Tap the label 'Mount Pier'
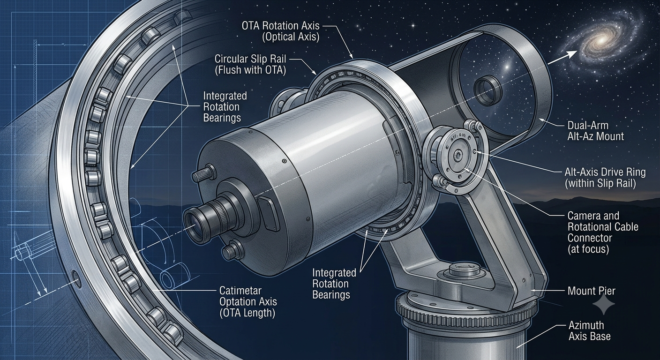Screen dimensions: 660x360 (592, 292)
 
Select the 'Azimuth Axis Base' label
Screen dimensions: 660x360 (590, 331)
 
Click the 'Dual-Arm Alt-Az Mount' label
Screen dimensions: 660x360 (595, 131)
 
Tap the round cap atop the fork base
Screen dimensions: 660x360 (465, 269)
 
